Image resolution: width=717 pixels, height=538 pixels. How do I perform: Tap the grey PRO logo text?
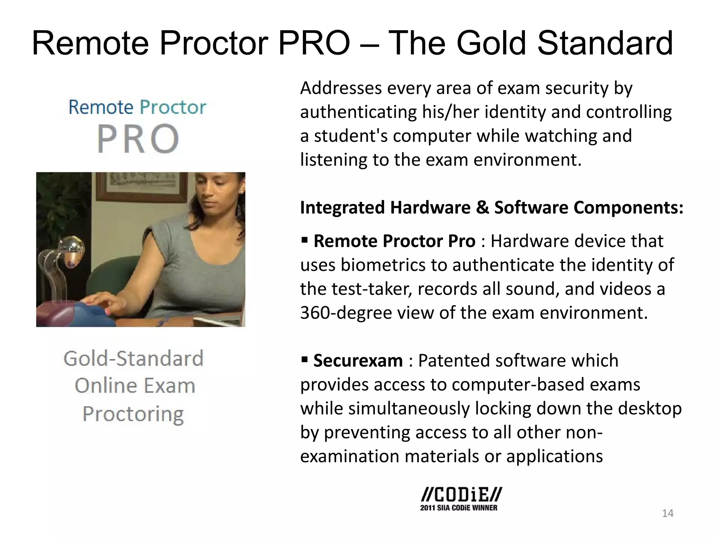point(138,139)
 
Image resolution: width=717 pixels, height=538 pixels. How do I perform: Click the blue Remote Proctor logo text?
point(137,107)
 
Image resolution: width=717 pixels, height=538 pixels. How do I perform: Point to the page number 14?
point(668,513)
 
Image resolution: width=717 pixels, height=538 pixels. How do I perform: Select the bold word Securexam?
point(358,361)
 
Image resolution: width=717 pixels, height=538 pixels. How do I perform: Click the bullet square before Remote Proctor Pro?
point(304,240)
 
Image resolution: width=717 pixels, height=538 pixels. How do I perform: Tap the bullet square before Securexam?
point(304,359)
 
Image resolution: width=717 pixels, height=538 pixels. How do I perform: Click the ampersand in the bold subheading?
point(482,207)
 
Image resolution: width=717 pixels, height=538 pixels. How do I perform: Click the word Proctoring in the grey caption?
point(133,414)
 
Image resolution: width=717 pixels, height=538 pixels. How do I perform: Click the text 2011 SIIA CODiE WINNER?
point(459,508)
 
